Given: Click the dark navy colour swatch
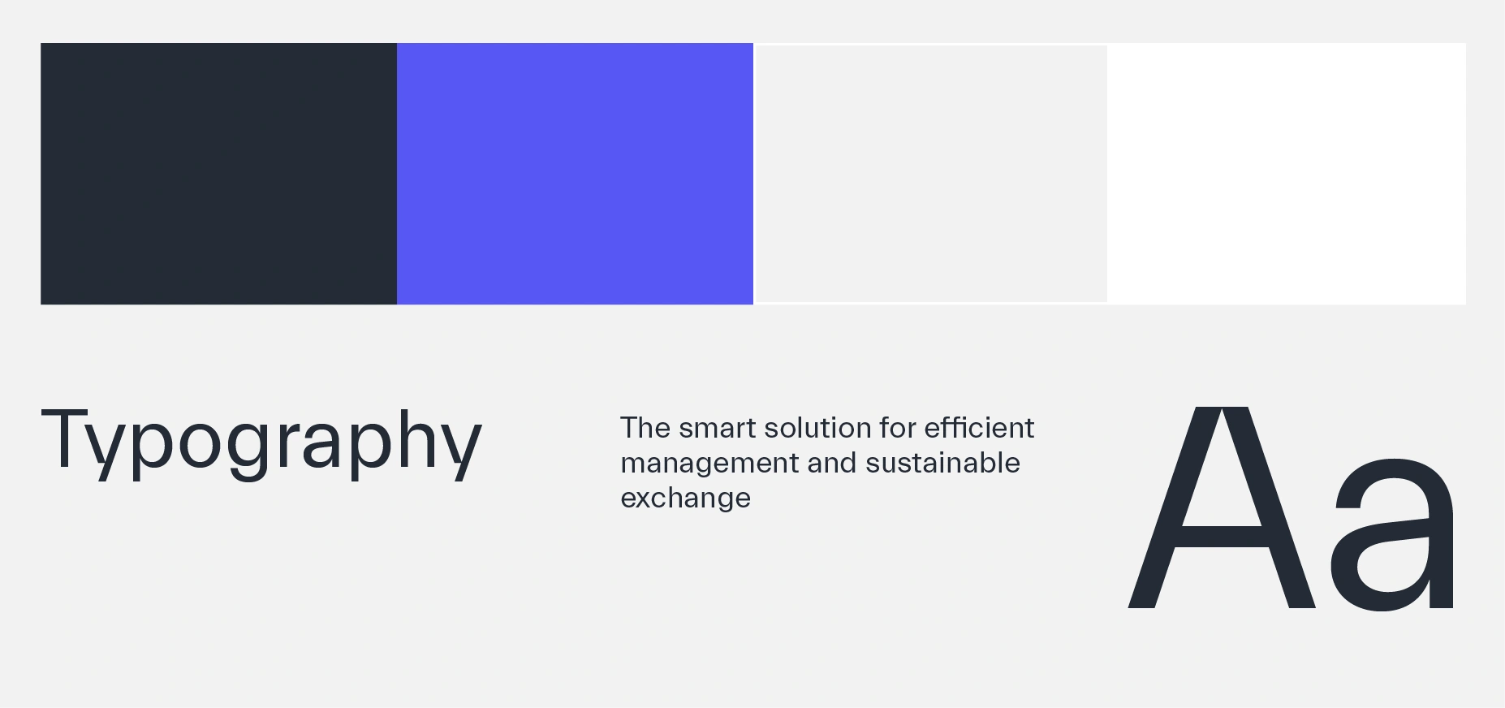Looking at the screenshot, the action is tap(218, 174).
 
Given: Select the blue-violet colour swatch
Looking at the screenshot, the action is tap(575, 174).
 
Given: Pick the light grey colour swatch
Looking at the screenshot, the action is tap(931, 174).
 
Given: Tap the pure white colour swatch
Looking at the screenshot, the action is tap(1287, 174).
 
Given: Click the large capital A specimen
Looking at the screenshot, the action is tap(1222, 507).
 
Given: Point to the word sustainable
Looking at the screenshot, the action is tap(942, 462).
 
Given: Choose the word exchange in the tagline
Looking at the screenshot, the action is tap(685, 499).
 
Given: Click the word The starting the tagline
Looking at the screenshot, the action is tap(645, 427).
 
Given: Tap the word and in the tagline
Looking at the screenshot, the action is tap(832, 462).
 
